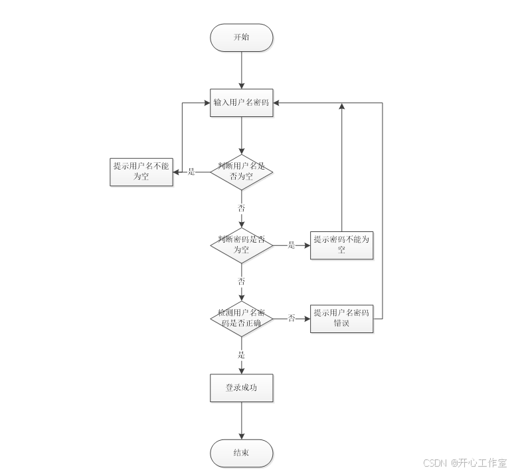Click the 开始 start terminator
(x=241, y=38)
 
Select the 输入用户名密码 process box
(x=241, y=103)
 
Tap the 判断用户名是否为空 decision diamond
(x=241, y=172)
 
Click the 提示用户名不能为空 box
(x=141, y=172)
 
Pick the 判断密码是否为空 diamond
(x=241, y=245)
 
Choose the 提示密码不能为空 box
(x=341, y=245)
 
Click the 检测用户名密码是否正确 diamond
(x=241, y=318)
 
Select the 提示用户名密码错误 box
(x=341, y=318)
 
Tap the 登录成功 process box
(x=241, y=388)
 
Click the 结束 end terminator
(x=241, y=453)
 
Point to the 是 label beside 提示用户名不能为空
(x=191, y=172)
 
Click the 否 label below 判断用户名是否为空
(x=241, y=208)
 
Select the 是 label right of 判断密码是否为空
(x=291, y=245)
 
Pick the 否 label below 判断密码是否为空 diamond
(x=241, y=281)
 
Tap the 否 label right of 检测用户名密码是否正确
(x=291, y=318)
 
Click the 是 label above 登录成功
(x=241, y=355)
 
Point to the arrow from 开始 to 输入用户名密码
(x=241, y=70)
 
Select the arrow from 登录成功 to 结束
(x=241, y=420)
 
